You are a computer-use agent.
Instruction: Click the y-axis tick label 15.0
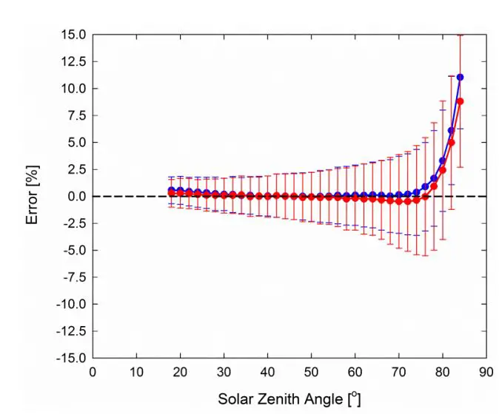click(72, 35)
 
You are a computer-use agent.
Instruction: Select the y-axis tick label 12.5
click(72, 61)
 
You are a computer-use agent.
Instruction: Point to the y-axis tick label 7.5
click(75, 115)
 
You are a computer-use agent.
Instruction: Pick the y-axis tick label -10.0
click(70, 304)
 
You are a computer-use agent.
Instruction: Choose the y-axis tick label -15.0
click(70, 358)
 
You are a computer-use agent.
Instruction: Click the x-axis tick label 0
click(93, 372)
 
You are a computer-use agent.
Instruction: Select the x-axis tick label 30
click(224, 372)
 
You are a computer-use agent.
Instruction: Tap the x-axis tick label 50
click(311, 372)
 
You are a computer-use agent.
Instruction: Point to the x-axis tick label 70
click(398, 372)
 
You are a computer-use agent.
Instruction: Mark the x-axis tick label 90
click(486, 372)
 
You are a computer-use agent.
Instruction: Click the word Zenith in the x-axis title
click(281, 399)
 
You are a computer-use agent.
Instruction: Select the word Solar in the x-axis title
click(235, 399)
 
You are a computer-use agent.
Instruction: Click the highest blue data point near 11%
click(460, 77)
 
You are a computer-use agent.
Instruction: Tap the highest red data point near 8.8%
click(460, 101)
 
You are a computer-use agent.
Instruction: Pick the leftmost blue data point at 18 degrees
click(171, 190)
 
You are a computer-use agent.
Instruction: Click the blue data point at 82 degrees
click(451, 130)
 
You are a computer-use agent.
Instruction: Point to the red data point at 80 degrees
click(442, 170)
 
